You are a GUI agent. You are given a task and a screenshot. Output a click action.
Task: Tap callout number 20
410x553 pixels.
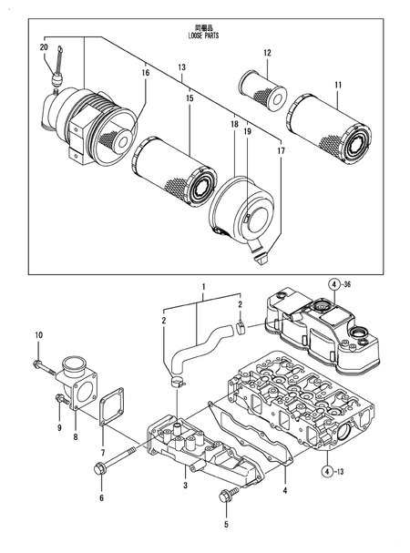tap(44, 46)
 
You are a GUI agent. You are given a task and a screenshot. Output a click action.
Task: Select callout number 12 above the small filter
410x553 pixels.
tap(267, 54)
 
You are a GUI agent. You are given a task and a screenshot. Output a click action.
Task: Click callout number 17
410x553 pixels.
tap(280, 150)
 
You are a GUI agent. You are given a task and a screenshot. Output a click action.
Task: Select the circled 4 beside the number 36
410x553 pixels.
tap(334, 286)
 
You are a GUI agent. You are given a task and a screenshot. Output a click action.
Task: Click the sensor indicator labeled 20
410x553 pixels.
tap(56, 74)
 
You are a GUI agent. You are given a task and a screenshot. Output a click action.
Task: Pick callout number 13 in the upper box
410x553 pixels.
tap(181, 67)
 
